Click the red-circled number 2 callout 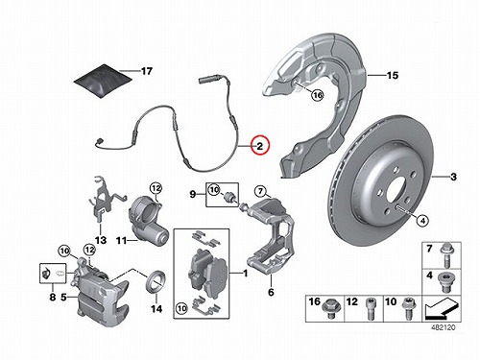point(260,146)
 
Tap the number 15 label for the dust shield point(393,76)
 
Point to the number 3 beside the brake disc point(453,177)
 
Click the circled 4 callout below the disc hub point(422,221)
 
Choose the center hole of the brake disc point(397,191)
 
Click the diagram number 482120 point(443,327)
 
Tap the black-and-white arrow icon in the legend point(441,309)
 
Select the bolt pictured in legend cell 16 point(330,308)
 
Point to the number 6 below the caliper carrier point(271,292)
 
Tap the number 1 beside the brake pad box point(246,274)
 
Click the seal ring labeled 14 point(156,281)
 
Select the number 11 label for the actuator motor point(121,240)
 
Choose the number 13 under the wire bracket point(101,240)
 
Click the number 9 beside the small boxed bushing point(193,194)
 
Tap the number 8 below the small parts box point(53,297)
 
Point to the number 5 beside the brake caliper point(63,297)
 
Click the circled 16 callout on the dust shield point(318,95)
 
